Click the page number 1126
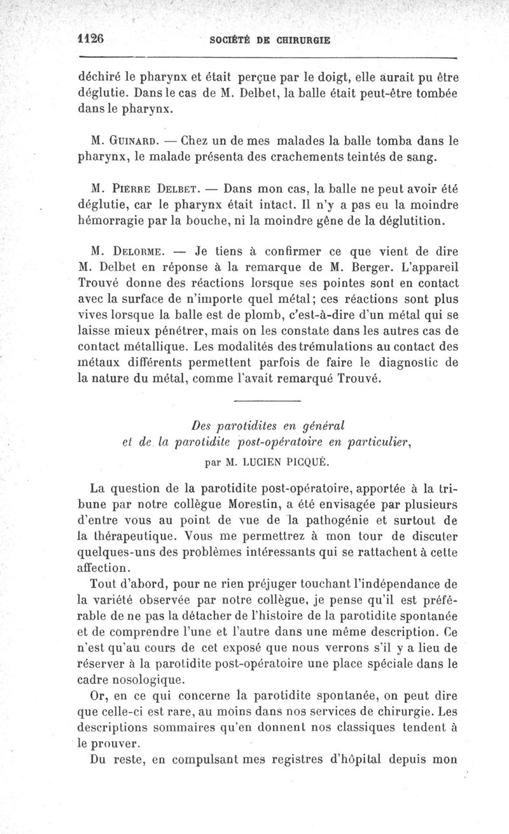90,38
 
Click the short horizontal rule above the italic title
267,400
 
